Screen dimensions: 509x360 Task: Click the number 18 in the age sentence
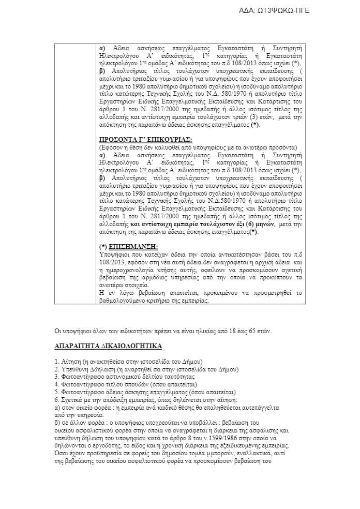point(229,330)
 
